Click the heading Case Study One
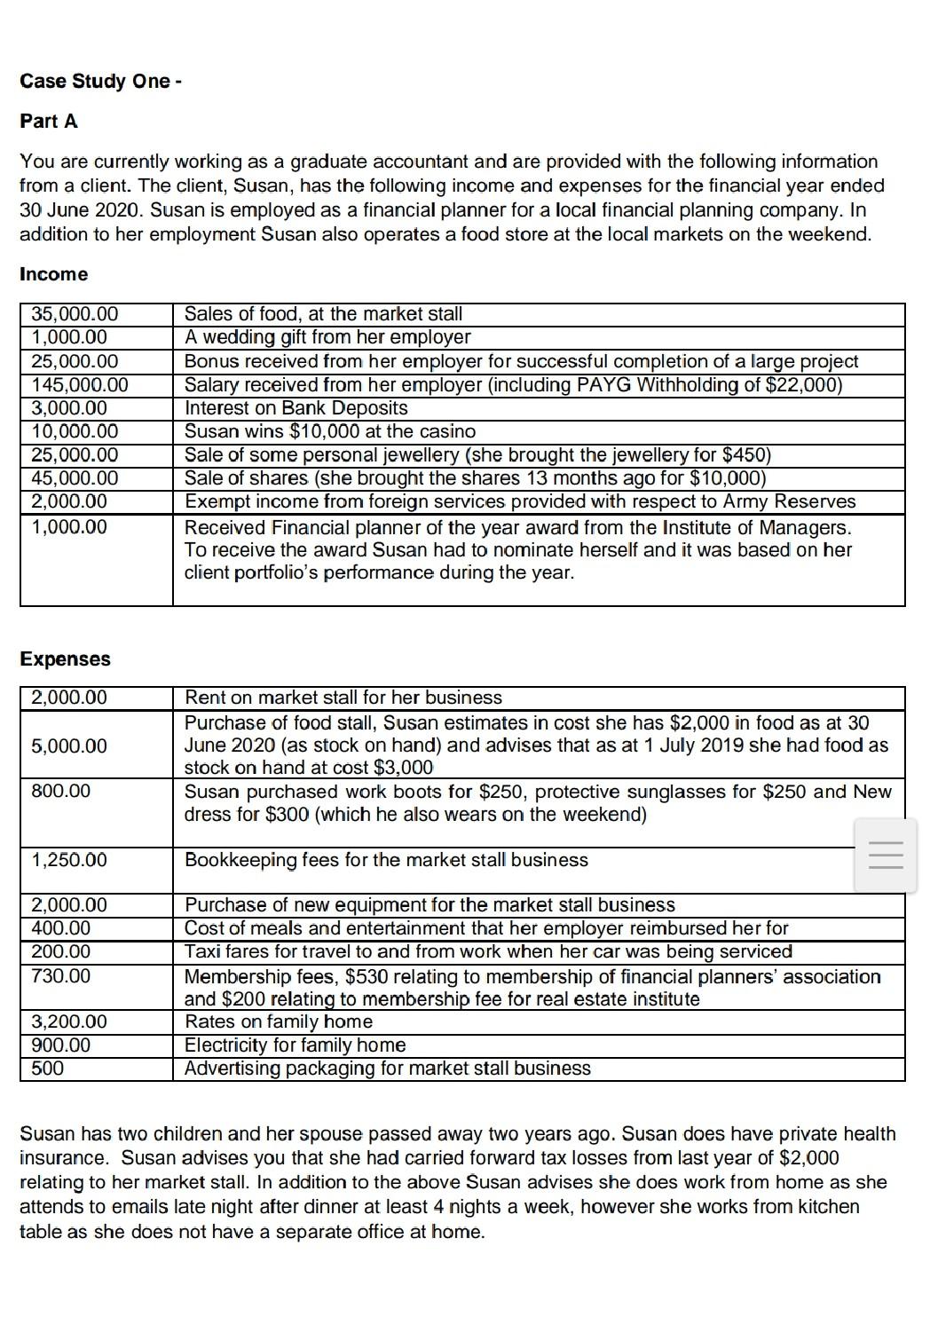100,81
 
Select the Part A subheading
49,122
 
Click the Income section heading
53,274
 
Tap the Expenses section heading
65,659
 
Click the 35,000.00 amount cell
75,314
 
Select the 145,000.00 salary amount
80,385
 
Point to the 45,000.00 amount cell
75,478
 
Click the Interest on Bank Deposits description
296,408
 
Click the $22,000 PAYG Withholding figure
802,385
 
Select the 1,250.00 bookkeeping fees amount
69,860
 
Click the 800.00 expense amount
61,791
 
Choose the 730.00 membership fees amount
61,976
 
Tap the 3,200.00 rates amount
69,1021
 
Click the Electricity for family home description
295,1045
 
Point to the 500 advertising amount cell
48,1069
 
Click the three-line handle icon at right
885,856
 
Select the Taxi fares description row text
487,952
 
